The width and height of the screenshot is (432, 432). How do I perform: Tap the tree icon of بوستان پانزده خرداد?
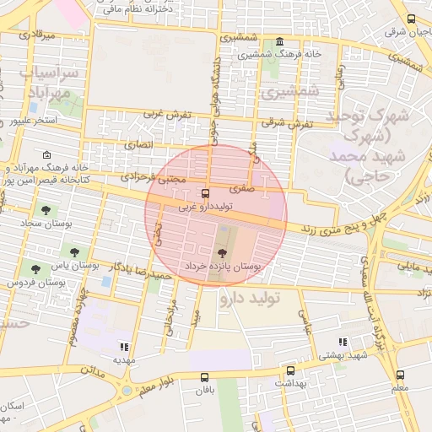click(x=223, y=252)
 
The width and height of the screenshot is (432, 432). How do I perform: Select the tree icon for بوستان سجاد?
click(x=46, y=210)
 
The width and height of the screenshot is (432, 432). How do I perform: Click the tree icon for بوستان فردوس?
click(x=35, y=269)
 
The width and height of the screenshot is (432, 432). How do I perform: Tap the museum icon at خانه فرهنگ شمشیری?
click(x=279, y=42)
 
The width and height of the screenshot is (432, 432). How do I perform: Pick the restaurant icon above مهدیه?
click(x=125, y=346)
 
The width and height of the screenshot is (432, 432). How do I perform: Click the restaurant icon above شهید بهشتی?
click(x=343, y=342)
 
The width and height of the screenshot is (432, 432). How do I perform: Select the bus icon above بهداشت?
click(x=291, y=370)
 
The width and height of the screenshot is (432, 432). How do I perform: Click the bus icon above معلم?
click(x=400, y=375)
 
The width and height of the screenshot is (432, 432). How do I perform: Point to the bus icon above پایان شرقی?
click(x=411, y=19)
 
